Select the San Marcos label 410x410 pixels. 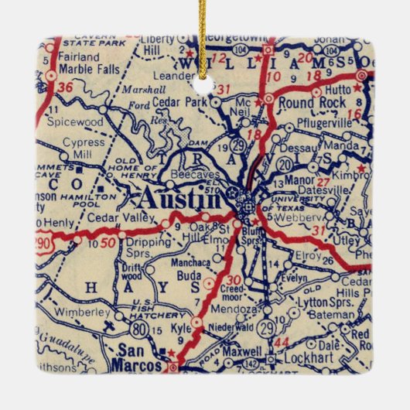pos(135,360)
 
